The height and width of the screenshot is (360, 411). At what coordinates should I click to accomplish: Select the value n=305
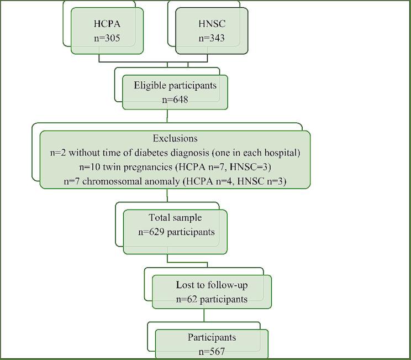(x=107, y=39)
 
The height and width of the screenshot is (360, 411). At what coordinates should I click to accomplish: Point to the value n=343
(x=211, y=39)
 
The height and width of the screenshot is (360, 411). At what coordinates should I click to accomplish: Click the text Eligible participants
(x=175, y=85)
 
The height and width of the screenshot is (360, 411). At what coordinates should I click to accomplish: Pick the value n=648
(x=175, y=100)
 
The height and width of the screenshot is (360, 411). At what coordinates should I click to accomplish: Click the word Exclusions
(x=175, y=138)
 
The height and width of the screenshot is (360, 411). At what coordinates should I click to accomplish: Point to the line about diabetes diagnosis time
(x=175, y=153)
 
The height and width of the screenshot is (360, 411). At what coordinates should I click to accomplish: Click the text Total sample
(x=175, y=218)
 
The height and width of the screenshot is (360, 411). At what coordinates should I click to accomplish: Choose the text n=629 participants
(x=176, y=232)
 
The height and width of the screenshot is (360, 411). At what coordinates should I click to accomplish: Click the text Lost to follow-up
(x=212, y=285)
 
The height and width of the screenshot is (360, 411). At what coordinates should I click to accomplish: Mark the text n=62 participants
(x=212, y=299)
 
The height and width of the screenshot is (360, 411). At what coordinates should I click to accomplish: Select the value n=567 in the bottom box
(x=212, y=351)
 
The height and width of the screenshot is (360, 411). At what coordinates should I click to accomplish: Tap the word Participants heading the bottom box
(x=212, y=337)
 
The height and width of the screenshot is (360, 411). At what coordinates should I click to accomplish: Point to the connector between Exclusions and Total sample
(x=167, y=196)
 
